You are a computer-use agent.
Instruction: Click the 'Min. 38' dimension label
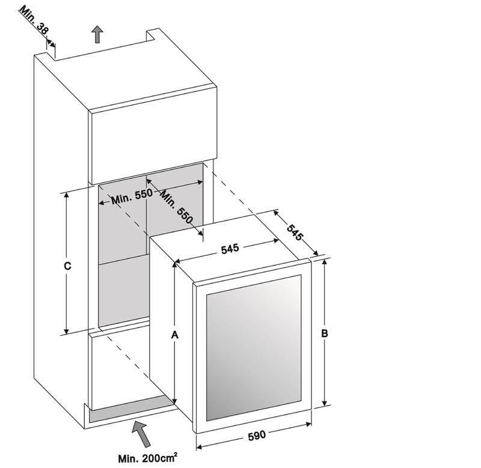(34, 20)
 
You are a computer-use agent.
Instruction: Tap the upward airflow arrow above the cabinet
(97, 34)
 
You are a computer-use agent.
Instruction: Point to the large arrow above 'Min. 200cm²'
(142, 434)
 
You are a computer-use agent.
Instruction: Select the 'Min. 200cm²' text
(147, 458)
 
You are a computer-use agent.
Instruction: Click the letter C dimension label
(67, 266)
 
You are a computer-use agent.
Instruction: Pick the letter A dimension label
(174, 335)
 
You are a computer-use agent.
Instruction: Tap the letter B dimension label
(324, 333)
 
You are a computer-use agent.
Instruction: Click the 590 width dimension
(257, 436)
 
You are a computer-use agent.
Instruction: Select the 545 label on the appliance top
(230, 249)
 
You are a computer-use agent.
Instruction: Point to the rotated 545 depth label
(295, 232)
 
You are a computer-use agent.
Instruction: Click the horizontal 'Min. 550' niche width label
(132, 196)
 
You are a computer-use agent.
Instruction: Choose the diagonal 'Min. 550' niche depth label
(177, 207)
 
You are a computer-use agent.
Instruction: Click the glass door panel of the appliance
(254, 348)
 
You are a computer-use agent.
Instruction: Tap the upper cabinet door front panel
(153, 135)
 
